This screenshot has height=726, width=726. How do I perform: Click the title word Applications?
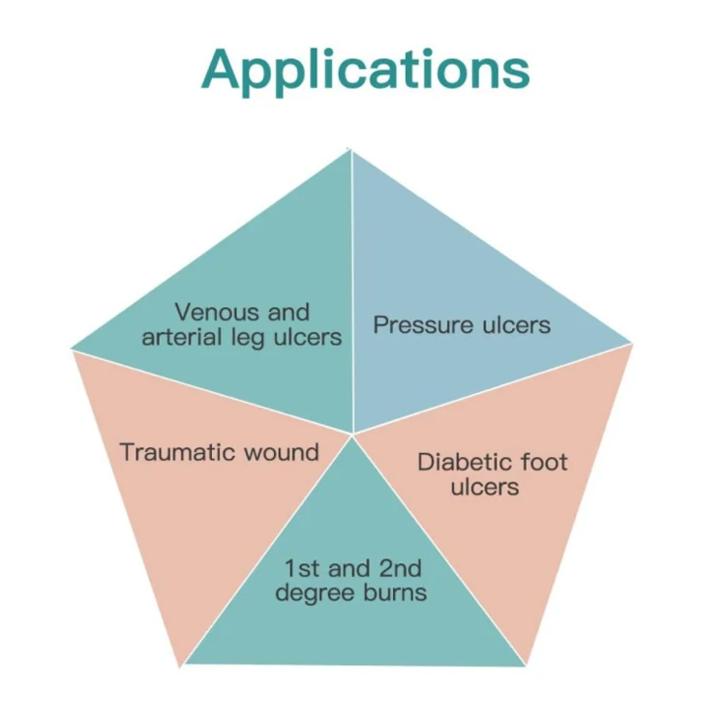point(366,70)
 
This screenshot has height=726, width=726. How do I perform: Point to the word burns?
point(389,592)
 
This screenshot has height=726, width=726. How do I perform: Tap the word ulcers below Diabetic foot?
point(484,486)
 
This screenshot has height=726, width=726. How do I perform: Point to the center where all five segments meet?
point(352,433)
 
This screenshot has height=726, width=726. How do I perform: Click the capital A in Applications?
point(226,70)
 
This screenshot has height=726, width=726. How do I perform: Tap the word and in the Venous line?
point(287,313)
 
